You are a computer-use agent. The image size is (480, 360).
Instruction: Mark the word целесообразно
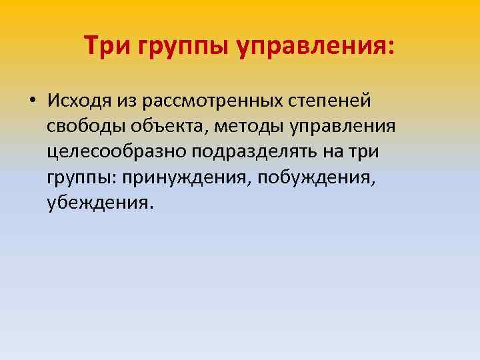pyautogui.click(x=117, y=151)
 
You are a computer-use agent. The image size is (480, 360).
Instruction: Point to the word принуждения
pyautogui.click(x=175, y=177)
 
